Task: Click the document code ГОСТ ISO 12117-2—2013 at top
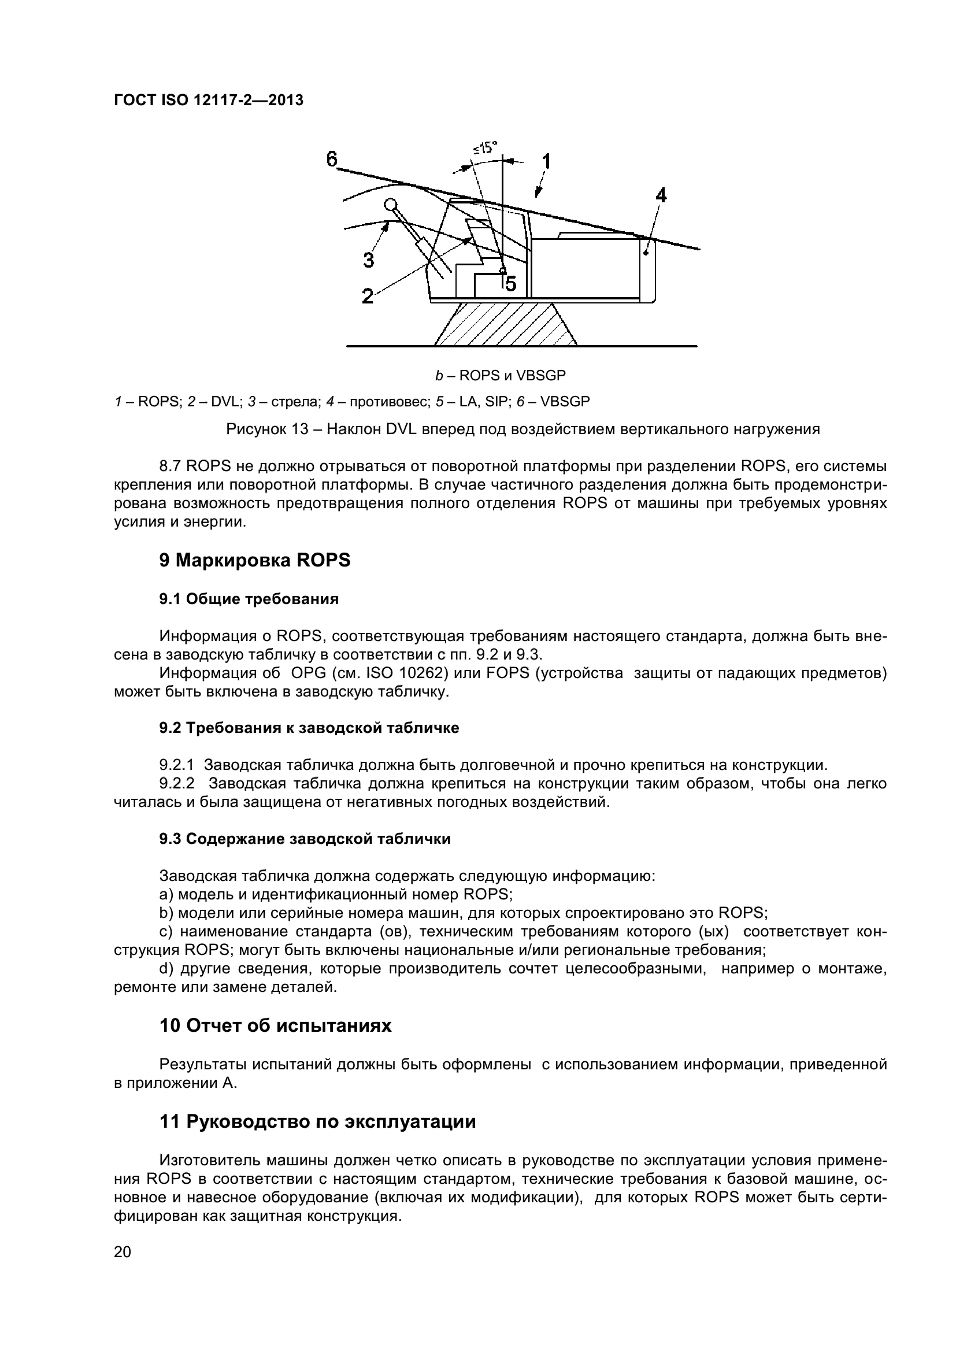pyautogui.click(x=209, y=101)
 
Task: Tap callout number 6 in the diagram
pyautogui.click(x=332, y=159)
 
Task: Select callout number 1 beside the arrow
pyautogui.click(x=546, y=161)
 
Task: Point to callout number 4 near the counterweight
pyautogui.click(x=661, y=195)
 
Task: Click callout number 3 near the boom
pyautogui.click(x=369, y=260)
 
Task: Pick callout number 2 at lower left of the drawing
pyautogui.click(x=368, y=296)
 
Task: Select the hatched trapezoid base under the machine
pyautogui.click(x=505, y=324)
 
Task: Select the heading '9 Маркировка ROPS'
pyautogui.click(x=255, y=560)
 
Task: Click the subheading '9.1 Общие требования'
pyautogui.click(x=249, y=599)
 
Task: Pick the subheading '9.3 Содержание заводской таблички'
pyautogui.click(x=305, y=839)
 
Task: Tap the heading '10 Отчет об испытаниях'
pyautogui.click(x=276, y=1026)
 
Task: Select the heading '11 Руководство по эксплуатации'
pyautogui.click(x=318, y=1122)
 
